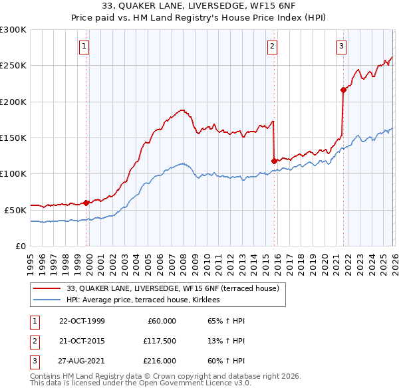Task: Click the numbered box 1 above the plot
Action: click(x=85, y=46)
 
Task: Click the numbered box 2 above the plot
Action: click(x=273, y=46)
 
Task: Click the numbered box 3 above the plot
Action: click(x=341, y=46)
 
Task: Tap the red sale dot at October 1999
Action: click(x=86, y=203)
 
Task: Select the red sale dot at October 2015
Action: click(x=274, y=160)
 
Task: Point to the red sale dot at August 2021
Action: click(x=343, y=89)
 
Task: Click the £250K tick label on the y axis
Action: click(x=13, y=66)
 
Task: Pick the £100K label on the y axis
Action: click(x=13, y=173)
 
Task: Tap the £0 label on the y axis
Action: click(x=20, y=246)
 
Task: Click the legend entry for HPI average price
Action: click(x=148, y=300)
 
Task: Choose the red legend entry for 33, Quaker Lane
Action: click(x=176, y=288)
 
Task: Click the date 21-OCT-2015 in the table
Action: click(x=82, y=340)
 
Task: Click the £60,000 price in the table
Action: click(x=161, y=321)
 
